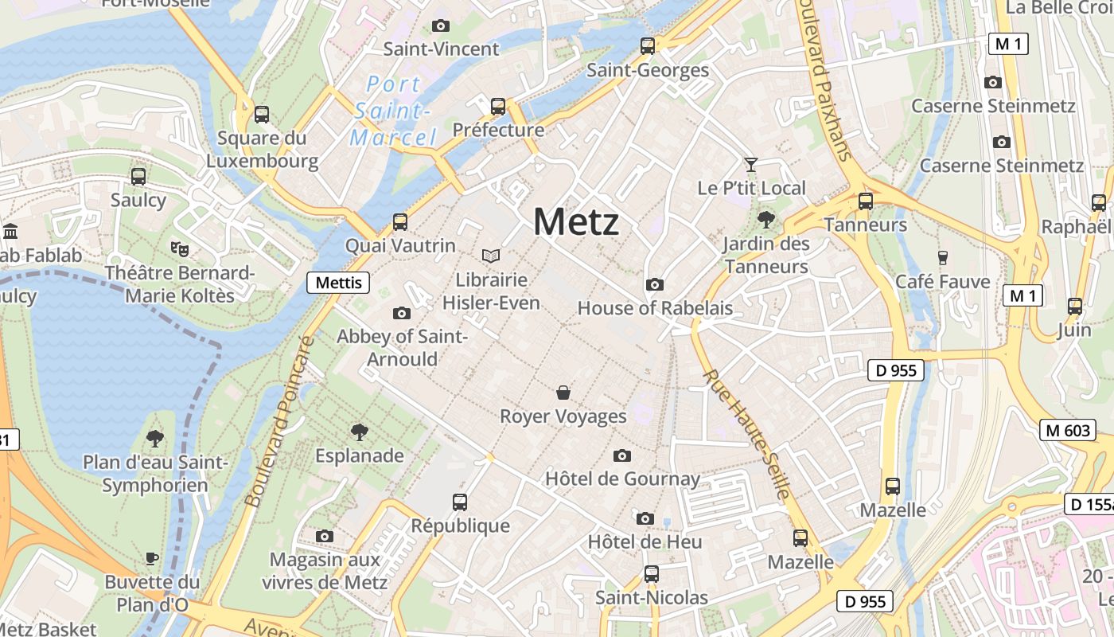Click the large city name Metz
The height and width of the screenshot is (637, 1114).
click(x=575, y=221)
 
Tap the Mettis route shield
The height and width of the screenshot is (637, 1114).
click(x=338, y=283)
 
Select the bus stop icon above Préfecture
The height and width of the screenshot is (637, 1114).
click(x=498, y=106)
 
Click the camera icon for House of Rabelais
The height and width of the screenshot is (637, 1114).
click(x=654, y=285)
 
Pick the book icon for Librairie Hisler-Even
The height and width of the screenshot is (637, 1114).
click(x=491, y=256)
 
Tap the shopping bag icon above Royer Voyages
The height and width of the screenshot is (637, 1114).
click(x=563, y=393)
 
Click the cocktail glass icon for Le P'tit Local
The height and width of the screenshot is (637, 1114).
click(x=750, y=165)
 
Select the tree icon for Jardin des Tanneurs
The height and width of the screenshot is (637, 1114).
click(x=766, y=219)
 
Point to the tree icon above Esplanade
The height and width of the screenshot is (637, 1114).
click(x=360, y=432)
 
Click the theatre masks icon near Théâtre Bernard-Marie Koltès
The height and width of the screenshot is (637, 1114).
click(x=180, y=248)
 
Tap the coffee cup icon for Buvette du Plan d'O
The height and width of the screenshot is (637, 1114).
click(x=152, y=558)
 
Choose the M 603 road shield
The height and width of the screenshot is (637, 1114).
click(x=1067, y=431)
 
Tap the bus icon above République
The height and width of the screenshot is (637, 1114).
click(x=460, y=502)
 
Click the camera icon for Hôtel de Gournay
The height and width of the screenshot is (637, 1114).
click(x=622, y=455)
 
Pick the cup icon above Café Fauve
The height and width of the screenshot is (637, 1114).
click(x=943, y=257)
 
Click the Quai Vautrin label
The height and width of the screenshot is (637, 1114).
click(x=399, y=245)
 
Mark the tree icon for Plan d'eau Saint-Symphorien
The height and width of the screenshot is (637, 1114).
click(x=155, y=437)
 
